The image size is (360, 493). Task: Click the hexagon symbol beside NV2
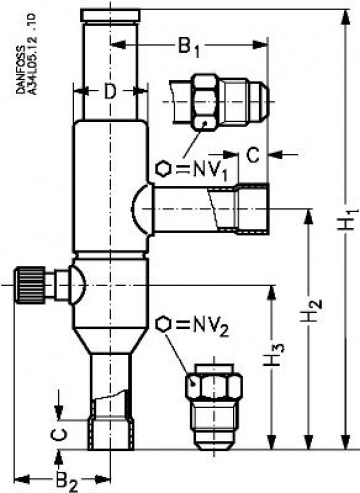point(164,325)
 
